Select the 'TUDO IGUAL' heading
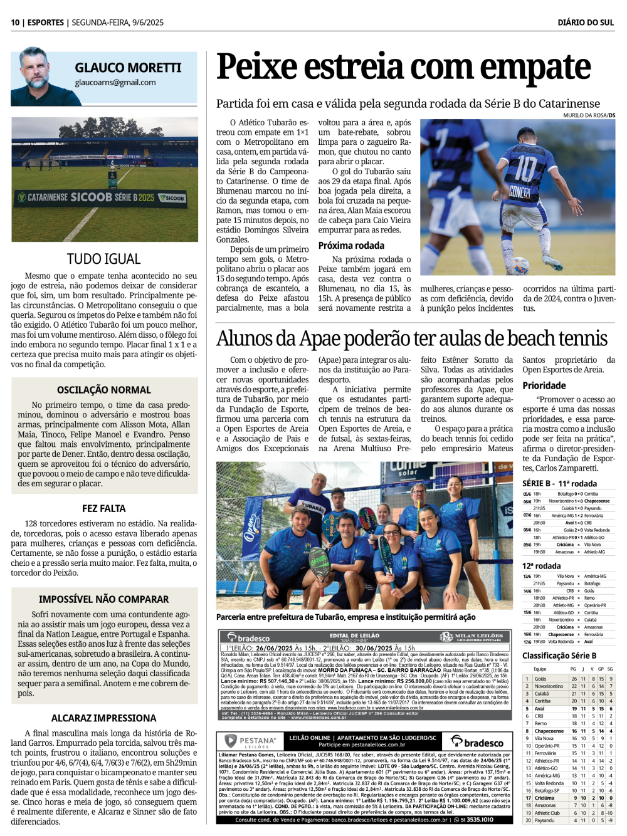point(104,259)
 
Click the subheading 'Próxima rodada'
point(351,246)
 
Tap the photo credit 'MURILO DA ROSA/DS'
point(589,115)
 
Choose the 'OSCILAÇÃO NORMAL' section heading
point(104,390)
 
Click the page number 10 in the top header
point(15,23)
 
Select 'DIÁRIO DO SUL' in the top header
point(586,23)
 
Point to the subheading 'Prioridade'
point(544,385)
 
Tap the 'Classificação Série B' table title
point(559,656)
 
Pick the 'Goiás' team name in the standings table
point(540,679)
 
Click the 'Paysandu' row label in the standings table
point(544,820)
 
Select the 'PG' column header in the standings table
point(573,669)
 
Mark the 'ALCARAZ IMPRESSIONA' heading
point(104,718)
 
